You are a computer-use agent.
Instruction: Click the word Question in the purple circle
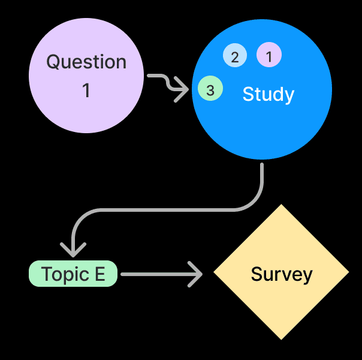tap(86, 62)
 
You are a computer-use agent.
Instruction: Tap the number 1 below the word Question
tap(86, 91)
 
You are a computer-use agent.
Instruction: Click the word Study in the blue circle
tap(268, 94)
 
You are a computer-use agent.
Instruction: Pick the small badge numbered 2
tap(235, 56)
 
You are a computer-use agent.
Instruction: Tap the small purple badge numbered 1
tap(269, 56)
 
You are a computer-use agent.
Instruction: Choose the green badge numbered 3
tap(210, 90)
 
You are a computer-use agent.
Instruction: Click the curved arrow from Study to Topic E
tap(180, 209)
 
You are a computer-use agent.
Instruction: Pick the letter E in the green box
tap(100, 274)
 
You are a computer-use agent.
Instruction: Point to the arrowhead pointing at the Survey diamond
tap(197, 274)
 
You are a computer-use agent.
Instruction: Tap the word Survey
tap(282, 274)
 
